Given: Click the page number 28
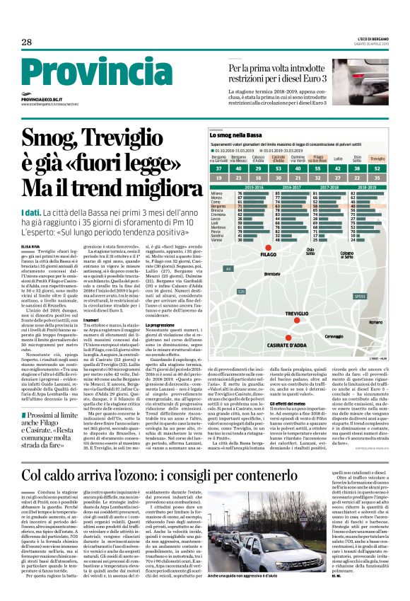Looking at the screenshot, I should (x=26, y=42).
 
